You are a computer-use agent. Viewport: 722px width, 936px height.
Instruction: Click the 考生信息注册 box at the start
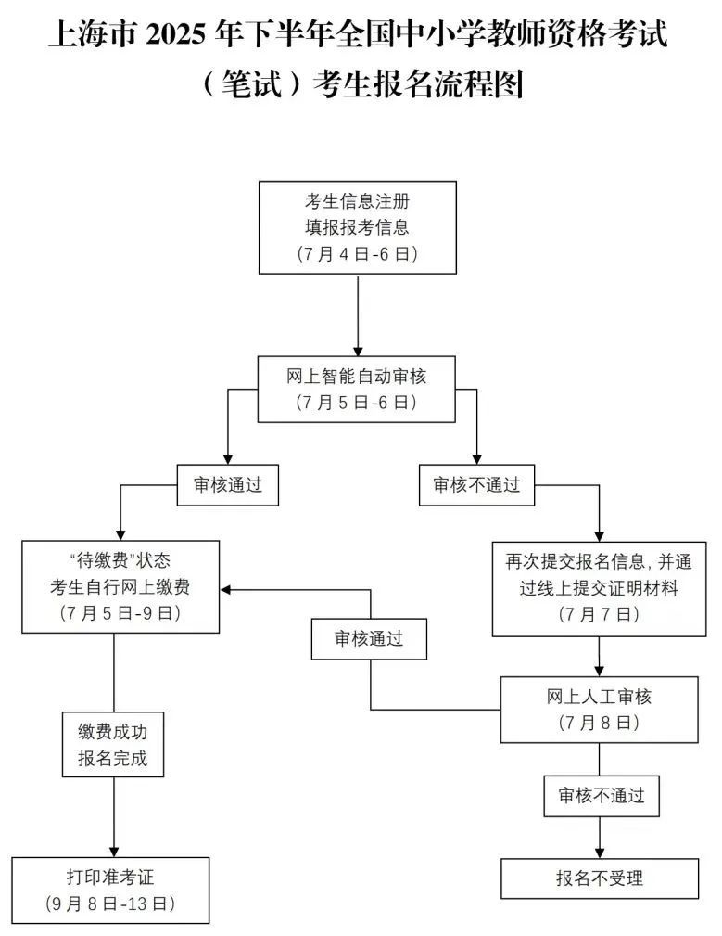(x=357, y=227)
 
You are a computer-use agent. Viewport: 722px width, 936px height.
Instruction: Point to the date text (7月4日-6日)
(x=357, y=253)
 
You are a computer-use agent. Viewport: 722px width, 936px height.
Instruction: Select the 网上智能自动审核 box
(x=357, y=390)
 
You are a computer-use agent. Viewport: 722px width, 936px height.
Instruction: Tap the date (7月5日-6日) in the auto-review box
(x=357, y=403)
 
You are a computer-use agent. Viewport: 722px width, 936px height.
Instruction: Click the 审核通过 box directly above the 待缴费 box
(x=228, y=485)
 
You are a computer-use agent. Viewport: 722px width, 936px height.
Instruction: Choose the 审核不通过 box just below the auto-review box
(x=477, y=485)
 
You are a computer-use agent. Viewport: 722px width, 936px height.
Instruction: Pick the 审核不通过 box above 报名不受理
(x=602, y=796)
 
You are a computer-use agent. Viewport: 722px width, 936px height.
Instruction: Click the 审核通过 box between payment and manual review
(x=369, y=639)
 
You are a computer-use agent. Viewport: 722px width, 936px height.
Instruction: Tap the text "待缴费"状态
(x=120, y=560)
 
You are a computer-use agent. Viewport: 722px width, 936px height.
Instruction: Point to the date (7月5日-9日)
(x=120, y=613)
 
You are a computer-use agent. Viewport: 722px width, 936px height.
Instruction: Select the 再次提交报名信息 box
(x=599, y=588)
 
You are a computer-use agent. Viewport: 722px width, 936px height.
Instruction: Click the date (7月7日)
(x=599, y=614)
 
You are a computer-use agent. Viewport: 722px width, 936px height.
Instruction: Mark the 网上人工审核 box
(x=599, y=710)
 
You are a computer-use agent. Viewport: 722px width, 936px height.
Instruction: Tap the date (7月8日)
(x=599, y=723)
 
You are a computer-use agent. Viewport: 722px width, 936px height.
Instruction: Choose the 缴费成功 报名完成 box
(x=113, y=744)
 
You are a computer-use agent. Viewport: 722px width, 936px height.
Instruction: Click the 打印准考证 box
(x=110, y=891)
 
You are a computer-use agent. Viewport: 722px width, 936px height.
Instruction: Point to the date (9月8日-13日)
(x=110, y=904)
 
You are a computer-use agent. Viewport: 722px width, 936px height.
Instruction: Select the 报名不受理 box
(x=599, y=878)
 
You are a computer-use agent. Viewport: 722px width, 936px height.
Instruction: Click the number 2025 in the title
(x=174, y=34)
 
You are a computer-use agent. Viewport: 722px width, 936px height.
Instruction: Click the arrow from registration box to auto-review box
(x=358, y=315)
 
